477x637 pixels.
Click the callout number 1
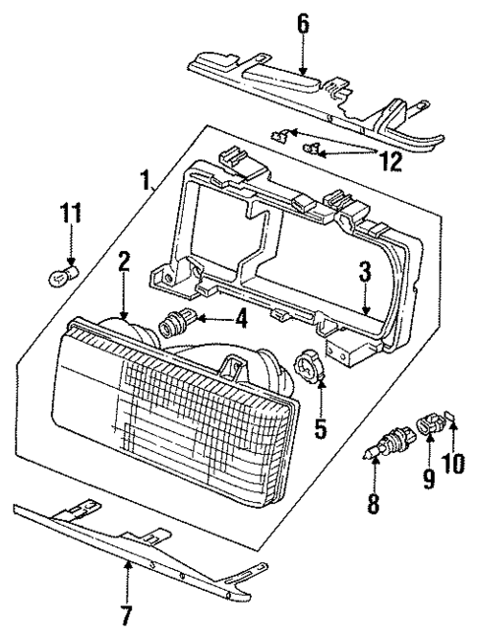pyautogui.click(x=146, y=180)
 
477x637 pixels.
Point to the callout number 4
pyautogui.click(x=239, y=319)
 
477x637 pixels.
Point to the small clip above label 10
pyautogui.click(x=452, y=422)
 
